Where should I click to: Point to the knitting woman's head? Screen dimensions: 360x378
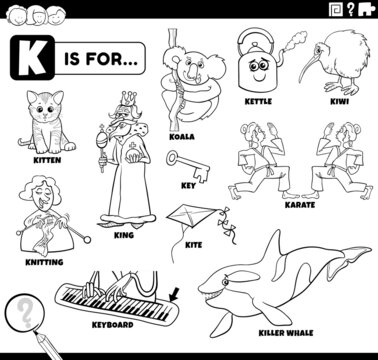coord(40,191)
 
